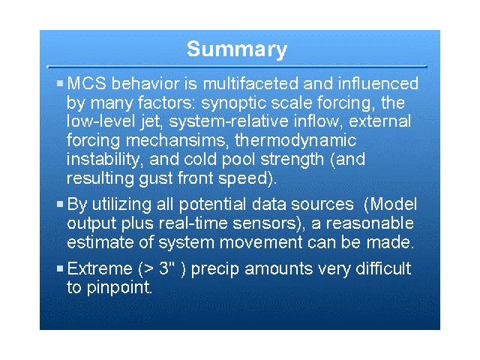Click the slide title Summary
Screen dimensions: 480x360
pos(237,49)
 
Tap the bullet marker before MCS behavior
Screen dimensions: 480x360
pos(60,83)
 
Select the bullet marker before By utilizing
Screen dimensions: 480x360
pos(60,203)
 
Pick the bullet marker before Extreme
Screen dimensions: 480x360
pos(60,268)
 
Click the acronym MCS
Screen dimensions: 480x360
pos(87,83)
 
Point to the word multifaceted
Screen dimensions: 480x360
pos(250,83)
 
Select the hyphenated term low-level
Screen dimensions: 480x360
pos(101,121)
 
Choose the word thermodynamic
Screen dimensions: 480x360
pos(295,141)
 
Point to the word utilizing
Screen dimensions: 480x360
pos(121,205)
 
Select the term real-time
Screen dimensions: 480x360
pos(193,223)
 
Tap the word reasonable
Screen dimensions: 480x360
pos(370,223)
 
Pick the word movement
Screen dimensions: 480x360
pos(261,243)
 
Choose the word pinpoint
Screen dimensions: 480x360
pos(119,288)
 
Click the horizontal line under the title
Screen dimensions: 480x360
pos(237,67)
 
